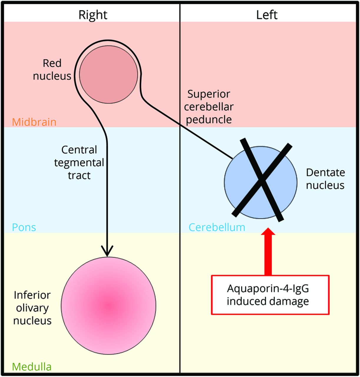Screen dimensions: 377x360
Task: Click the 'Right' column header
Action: click(x=93, y=15)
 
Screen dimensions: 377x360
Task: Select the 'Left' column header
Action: click(x=267, y=15)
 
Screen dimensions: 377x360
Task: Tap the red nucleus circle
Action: click(x=109, y=75)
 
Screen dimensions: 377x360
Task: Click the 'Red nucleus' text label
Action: click(x=52, y=70)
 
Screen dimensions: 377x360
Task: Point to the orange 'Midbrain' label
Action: click(x=34, y=122)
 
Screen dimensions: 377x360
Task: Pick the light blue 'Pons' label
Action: click(x=24, y=227)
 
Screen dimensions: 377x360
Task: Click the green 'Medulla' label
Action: click(x=32, y=367)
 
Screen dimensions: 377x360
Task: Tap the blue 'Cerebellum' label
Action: click(x=217, y=227)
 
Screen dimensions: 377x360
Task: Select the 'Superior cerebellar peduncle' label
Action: click(x=209, y=107)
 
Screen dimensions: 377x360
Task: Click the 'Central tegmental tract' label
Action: click(x=79, y=163)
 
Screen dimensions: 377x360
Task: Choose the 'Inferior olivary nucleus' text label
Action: click(x=32, y=308)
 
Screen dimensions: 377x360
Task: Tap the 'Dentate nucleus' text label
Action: click(x=325, y=179)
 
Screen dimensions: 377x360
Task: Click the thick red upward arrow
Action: click(x=268, y=252)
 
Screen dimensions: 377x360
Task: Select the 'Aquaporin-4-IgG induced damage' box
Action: click(x=270, y=295)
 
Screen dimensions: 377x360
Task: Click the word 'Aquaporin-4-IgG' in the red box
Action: click(x=268, y=288)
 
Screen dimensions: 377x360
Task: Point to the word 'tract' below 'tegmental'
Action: click(x=79, y=176)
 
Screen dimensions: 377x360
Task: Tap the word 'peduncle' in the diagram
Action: click(x=209, y=120)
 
